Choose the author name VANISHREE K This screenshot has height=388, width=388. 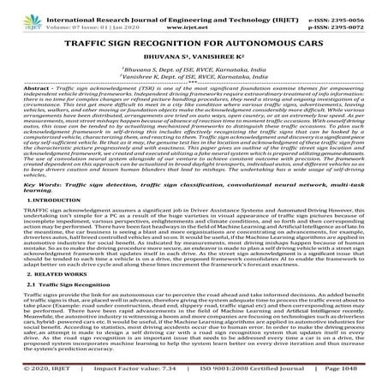pos(219,58)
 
